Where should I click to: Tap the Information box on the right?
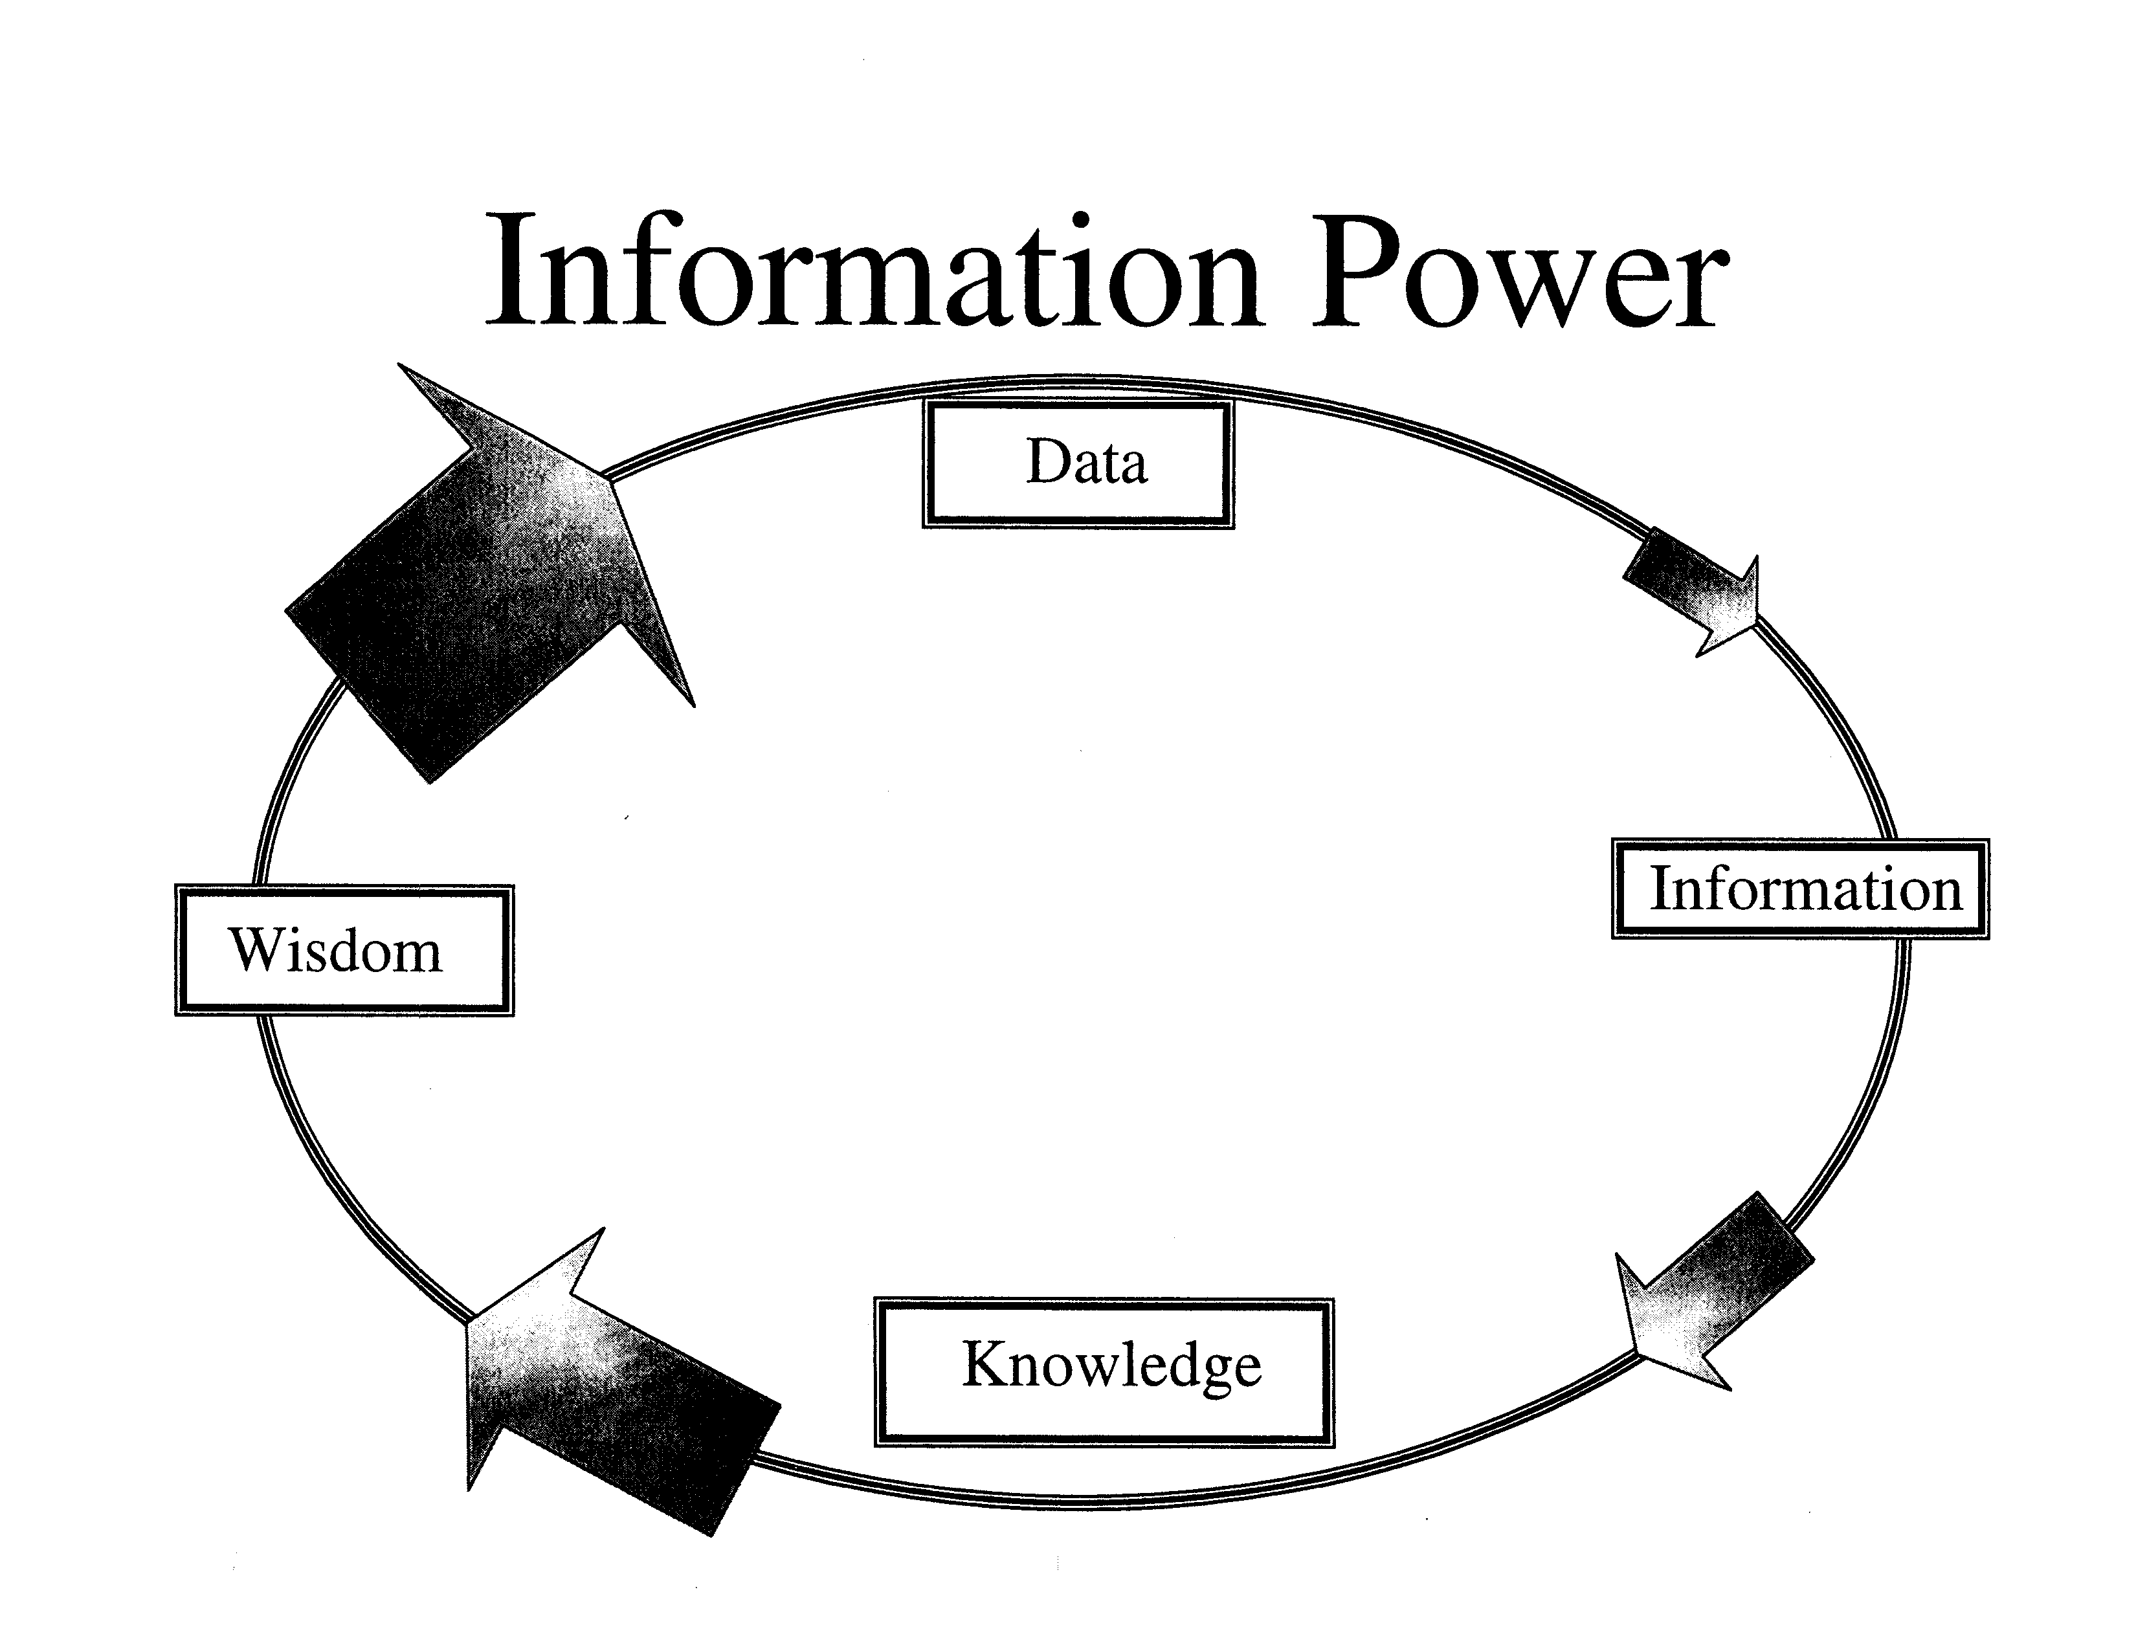(1800, 889)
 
